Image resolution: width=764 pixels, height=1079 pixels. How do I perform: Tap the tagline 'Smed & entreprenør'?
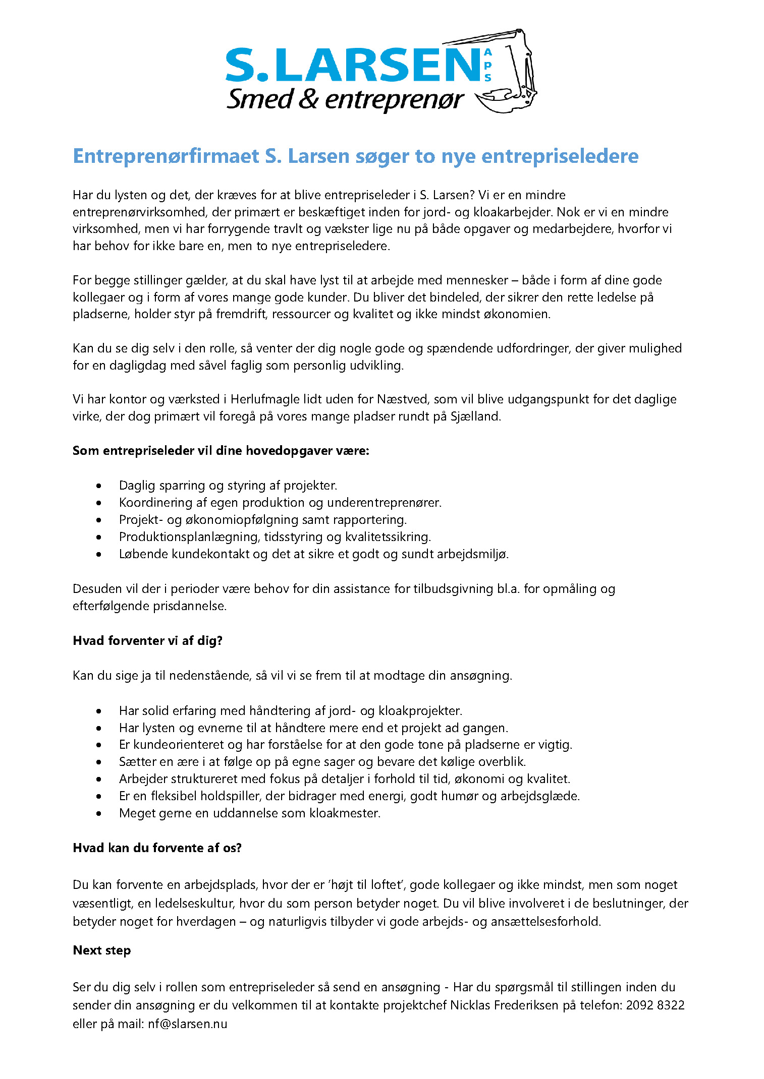tap(345, 99)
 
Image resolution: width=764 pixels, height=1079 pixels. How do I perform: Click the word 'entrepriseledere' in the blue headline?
tap(560, 156)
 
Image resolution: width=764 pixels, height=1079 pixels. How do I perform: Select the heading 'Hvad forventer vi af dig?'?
tap(147, 640)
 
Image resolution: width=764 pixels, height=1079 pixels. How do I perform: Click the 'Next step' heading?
tap(101, 950)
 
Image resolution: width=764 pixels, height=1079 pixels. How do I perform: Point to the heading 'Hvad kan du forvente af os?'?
tap(157, 848)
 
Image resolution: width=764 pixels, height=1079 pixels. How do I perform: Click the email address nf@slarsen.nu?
tap(187, 1024)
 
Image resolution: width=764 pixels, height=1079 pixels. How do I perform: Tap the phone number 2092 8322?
tap(655, 1005)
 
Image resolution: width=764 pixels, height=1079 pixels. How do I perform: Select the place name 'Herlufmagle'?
tap(265, 399)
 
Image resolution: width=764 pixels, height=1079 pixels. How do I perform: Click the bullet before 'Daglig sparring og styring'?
tap(99, 486)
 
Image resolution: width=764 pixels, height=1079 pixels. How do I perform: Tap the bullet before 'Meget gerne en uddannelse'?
tap(99, 813)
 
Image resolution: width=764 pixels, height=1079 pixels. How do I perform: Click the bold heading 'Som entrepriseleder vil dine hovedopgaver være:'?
tap(221, 450)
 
